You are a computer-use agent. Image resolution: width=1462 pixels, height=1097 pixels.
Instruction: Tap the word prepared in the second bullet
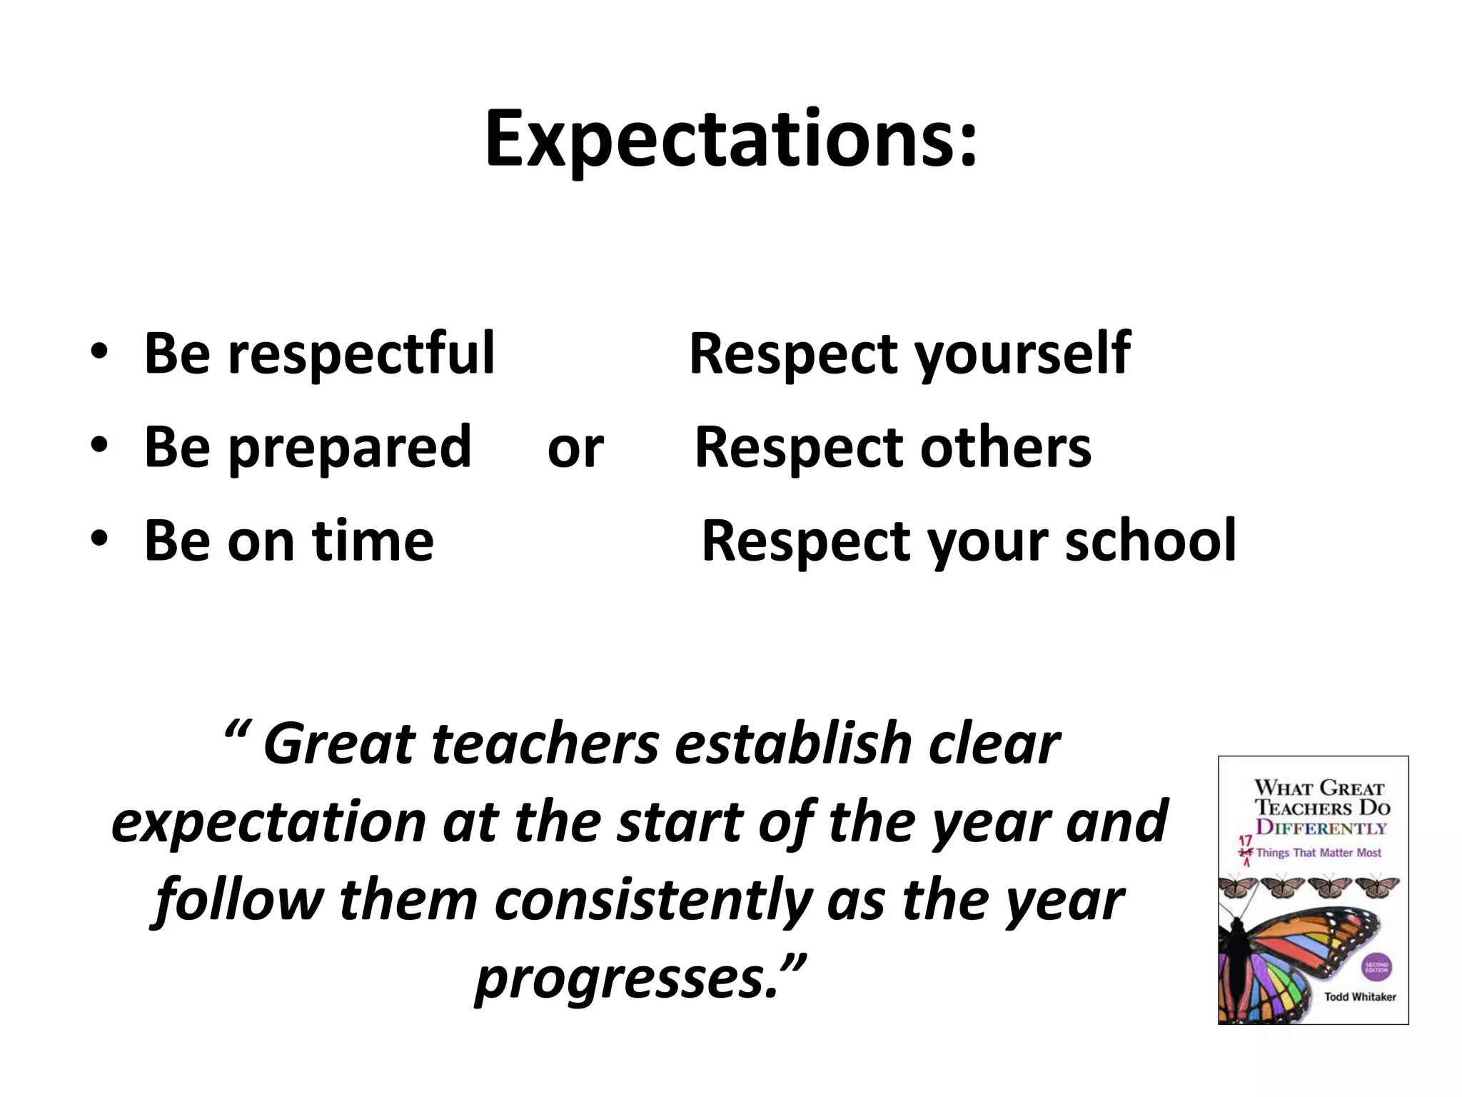[350, 447]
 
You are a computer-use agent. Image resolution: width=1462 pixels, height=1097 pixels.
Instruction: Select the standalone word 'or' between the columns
[575, 449]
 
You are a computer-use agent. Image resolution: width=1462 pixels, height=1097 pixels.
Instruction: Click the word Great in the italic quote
[339, 744]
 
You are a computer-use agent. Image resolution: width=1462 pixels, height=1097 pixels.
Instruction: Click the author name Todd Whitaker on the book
[1359, 996]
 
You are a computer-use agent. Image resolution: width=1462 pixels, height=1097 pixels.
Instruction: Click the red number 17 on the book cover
[1245, 841]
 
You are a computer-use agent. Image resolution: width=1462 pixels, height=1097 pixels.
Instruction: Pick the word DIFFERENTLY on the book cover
[1321, 828]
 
